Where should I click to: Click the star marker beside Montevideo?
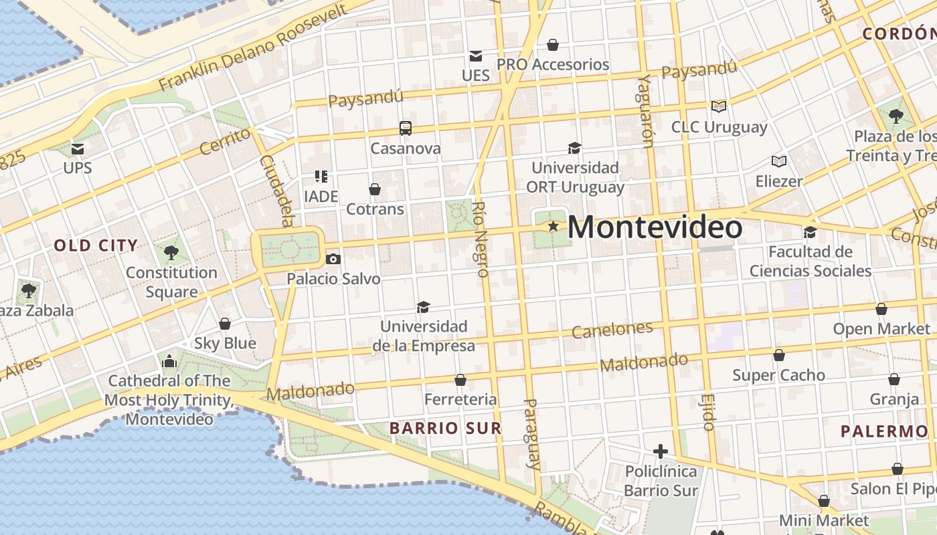(553, 227)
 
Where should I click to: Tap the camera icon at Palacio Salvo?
(333, 259)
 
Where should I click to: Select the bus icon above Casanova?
(405, 128)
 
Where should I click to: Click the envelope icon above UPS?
(78, 148)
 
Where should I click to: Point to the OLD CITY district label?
(96, 245)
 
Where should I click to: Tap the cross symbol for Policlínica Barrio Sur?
(661, 451)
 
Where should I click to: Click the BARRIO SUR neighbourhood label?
(445, 428)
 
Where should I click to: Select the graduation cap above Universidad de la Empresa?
(423, 307)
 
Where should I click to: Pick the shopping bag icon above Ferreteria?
(460, 380)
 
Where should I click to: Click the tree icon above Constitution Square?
(171, 252)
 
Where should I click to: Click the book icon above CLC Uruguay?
(719, 106)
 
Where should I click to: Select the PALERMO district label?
(884, 431)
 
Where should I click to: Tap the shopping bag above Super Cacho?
(778, 355)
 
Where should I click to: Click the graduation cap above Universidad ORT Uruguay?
(574, 148)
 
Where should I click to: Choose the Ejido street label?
(709, 411)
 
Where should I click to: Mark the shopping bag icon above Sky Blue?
(225, 324)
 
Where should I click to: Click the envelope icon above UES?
(475, 56)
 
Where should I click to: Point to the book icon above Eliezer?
(778, 161)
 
